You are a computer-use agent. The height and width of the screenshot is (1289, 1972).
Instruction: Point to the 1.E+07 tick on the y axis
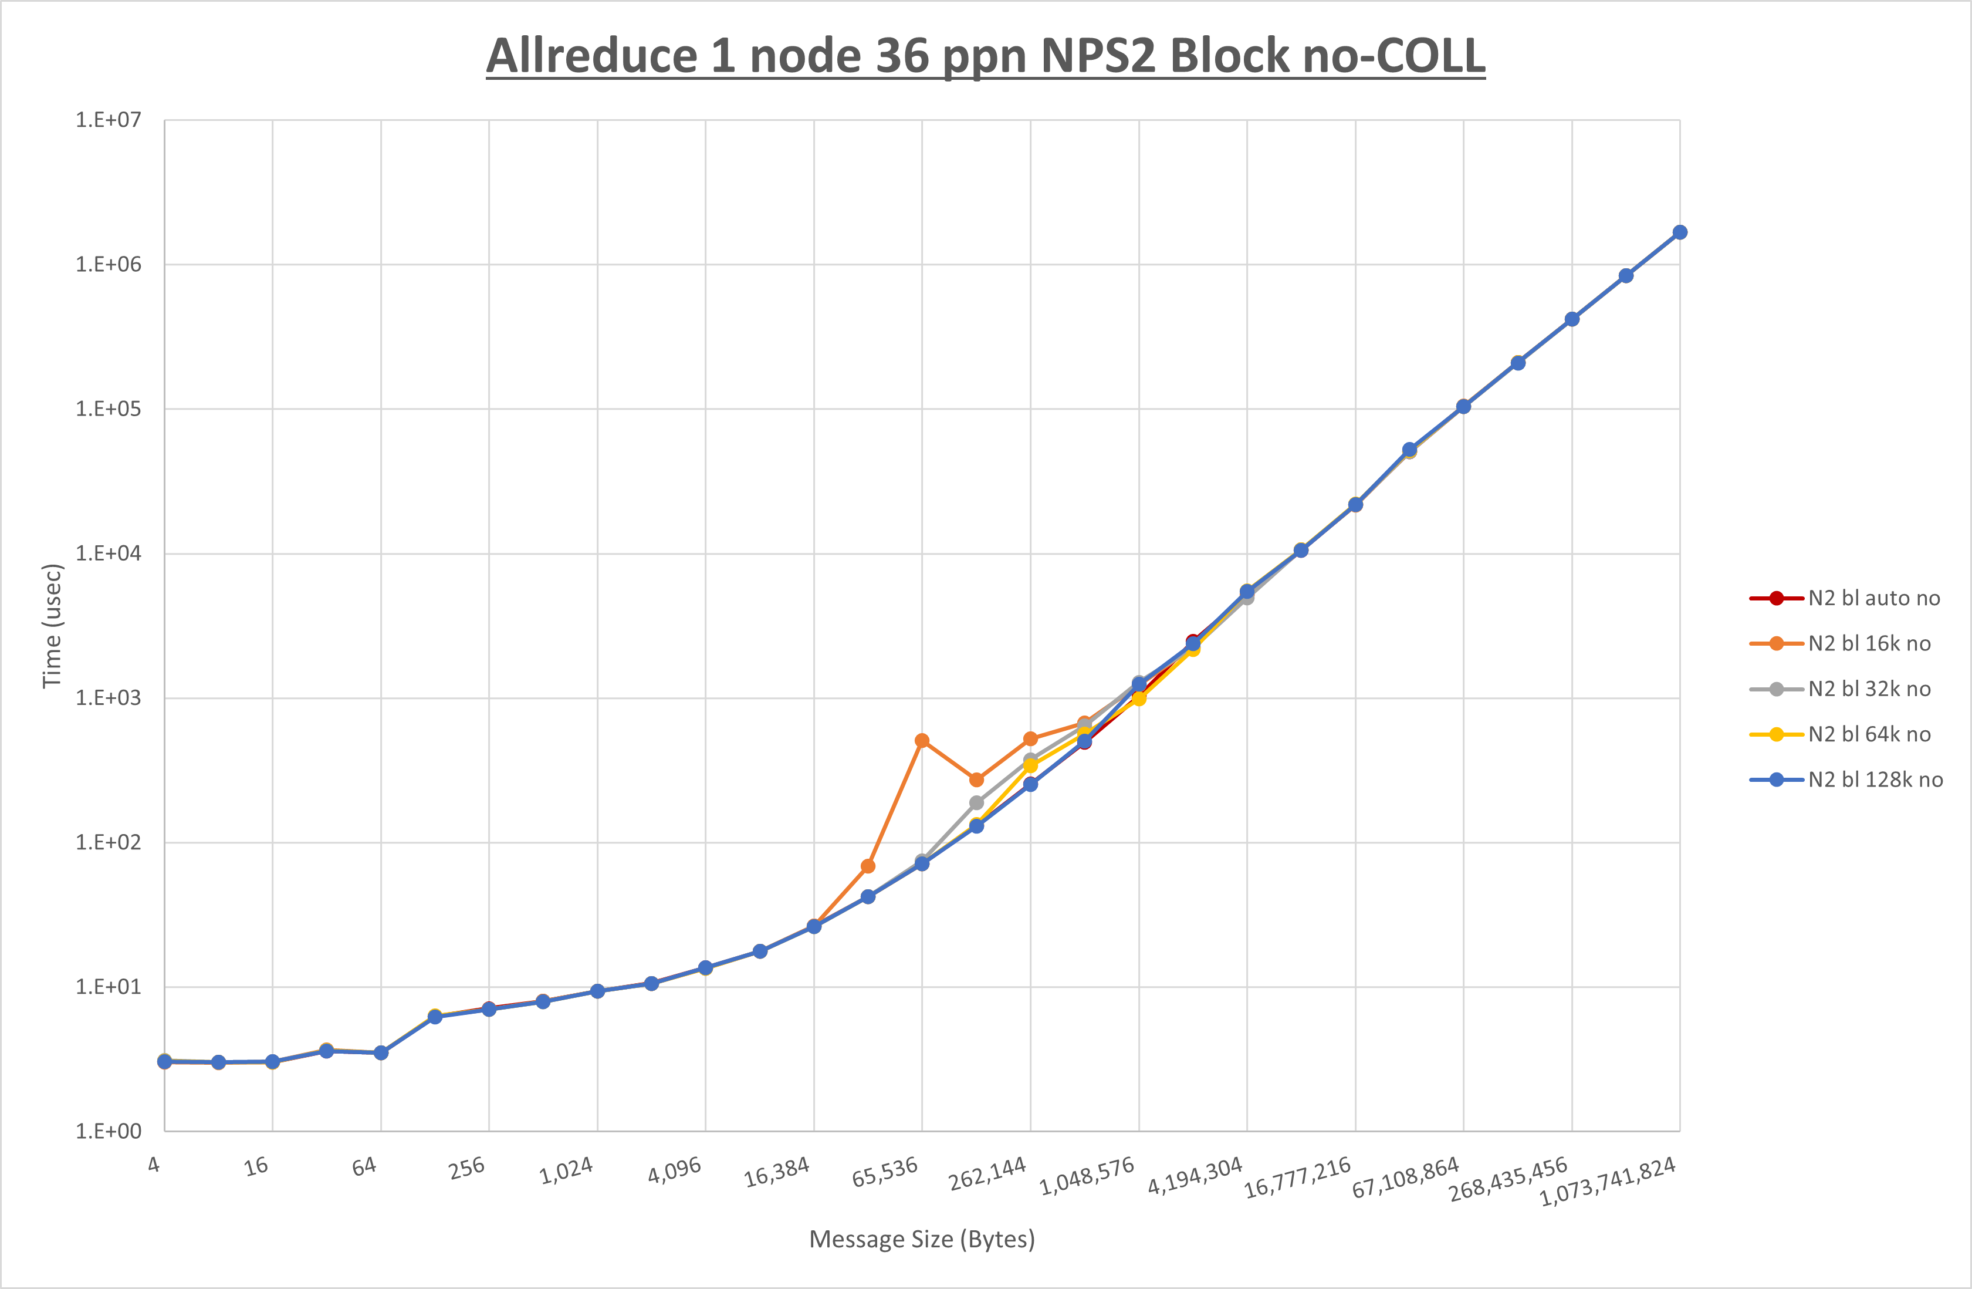click(x=109, y=120)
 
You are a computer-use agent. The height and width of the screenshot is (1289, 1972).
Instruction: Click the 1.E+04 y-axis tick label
click(x=109, y=554)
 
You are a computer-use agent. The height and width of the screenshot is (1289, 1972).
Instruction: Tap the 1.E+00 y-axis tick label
click(x=109, y=1132)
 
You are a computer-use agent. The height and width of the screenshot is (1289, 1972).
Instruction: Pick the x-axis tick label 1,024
click(x=567, y=1170)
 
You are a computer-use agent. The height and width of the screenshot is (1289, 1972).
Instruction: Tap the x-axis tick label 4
click(x=153, y=1165)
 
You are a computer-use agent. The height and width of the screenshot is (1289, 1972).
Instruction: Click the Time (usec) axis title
click(x=52, y=626)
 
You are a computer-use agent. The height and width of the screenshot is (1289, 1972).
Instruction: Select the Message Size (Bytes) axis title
click(x=921, y=1239)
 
